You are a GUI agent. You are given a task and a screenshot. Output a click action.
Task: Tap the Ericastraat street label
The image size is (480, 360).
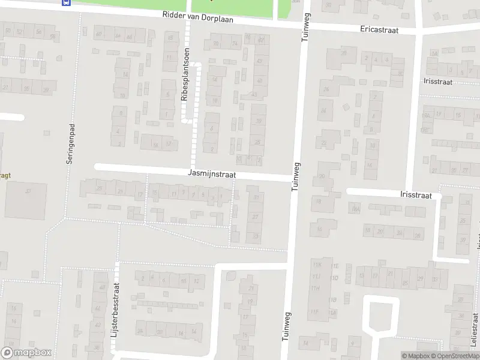tap(379, 29)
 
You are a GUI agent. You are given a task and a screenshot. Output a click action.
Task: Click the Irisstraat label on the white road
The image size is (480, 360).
tap(416, 194)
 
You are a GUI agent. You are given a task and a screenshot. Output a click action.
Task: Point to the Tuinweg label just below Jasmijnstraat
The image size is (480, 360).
tap(295, 176)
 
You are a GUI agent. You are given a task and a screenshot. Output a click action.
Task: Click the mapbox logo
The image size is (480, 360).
tap(26, 353)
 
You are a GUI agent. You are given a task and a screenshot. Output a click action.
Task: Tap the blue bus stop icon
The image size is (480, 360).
tap(65, 2)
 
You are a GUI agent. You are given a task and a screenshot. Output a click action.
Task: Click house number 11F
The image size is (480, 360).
tap(314, 311)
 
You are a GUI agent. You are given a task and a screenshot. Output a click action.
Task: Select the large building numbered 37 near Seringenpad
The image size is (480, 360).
tap(26, 200)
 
